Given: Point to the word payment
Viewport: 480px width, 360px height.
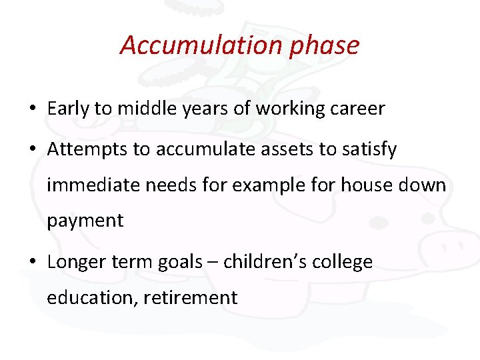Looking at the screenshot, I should (x=85, y=221).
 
